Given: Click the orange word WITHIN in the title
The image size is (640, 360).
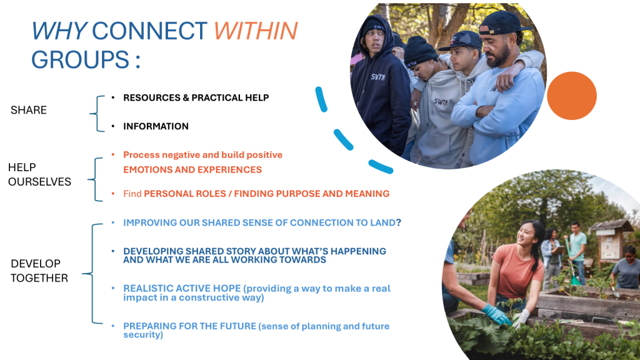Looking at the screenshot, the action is [x=256, y=31].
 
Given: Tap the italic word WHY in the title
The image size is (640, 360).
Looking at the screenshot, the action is [x=59, y=31].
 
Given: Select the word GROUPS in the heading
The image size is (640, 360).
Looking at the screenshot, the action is [x=81, y=59].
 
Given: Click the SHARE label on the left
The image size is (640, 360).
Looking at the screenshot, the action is [x=29, y=110].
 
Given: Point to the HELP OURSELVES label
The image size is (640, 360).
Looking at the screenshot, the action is [x=39, y=174].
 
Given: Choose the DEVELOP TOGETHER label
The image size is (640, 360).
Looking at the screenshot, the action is [x=39, y=271].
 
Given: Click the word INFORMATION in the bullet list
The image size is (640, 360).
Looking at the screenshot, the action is [x=156, y=126].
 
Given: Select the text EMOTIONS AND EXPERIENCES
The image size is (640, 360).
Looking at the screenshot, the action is [x=192, y=170].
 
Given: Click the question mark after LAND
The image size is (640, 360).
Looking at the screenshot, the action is [x=398, y=222].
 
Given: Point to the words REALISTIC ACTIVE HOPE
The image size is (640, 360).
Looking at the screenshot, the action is [x=182, y=289].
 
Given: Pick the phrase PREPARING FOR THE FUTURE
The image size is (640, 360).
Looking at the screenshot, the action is [x=190, y=326].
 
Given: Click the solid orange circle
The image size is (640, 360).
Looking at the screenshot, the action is [x=571, y=96].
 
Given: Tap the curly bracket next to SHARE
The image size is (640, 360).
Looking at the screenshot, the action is [x=97, y=114].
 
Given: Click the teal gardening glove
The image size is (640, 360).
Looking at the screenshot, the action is [x=496, y=315].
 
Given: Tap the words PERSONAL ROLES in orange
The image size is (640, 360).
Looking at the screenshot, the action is [x=185, y=194].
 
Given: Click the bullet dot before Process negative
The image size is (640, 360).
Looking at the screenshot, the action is [x=113, y=154].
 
